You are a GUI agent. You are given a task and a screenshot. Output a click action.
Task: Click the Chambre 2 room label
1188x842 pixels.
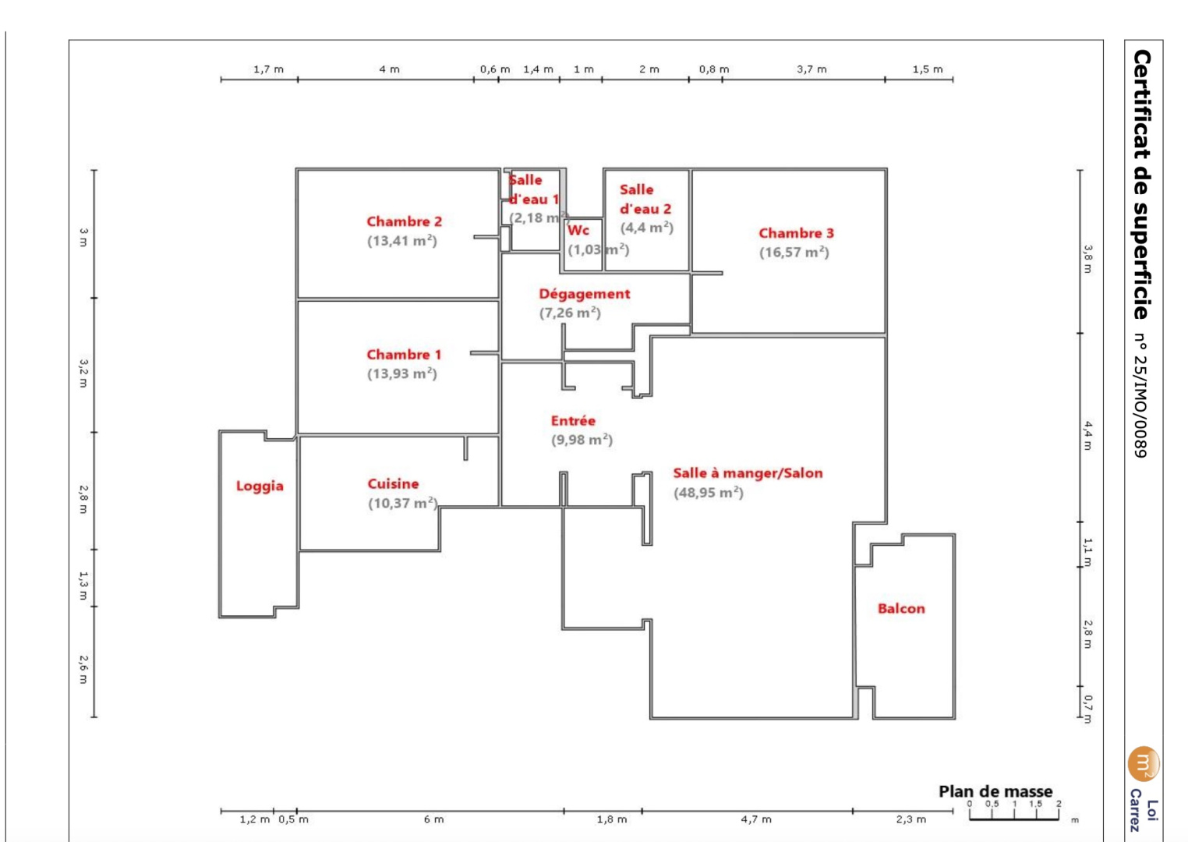pyautogui.click(x=404, y=221)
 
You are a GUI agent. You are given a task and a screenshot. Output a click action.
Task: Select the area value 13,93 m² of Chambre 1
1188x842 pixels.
pyautogui.click(x=401, y=373)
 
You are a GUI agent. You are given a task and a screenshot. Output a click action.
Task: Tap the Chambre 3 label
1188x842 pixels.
pyautogui.click(x=796, y=233)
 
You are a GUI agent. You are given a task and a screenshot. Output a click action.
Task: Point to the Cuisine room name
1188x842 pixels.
pyautogui.click(x=393, y=484)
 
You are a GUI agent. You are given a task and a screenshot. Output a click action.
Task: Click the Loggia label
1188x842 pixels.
pyautogui.click(x=260, y=486)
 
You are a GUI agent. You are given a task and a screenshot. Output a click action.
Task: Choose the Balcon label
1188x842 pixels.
pyautogui.click(x=901, y=609)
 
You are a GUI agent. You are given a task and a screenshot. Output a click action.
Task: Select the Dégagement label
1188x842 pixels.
pyautogui.click(x=584, y=294)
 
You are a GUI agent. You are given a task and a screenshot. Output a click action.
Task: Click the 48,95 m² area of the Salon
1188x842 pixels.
pyautogui.click(x=708, y=493)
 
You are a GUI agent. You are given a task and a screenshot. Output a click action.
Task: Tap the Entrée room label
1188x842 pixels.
pyautogui.click(x=573, y=421)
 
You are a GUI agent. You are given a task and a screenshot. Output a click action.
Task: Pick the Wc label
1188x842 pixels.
pyautogui.click(x=578, y=230)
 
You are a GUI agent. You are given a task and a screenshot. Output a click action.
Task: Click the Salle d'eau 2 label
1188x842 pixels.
pyautogui.click(x=645, y=200)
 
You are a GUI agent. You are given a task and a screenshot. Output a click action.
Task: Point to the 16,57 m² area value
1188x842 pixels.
pyautogui.click(x=794, y=253)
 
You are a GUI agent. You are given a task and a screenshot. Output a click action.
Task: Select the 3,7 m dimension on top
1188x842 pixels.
pyautogui.click(x=811, y=69)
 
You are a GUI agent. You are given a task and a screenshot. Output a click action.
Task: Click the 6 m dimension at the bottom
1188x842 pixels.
pyautogui.click(x=433, y=819)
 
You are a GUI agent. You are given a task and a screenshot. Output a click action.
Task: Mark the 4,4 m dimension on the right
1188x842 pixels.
pyautogui.click(x=1087, y=435)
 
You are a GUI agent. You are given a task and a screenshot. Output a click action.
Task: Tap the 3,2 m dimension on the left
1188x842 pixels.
pyautogui.click(x=83, y=373)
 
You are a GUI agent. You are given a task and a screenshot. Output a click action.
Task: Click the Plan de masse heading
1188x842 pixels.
pyautogui.click(x=995, y=791)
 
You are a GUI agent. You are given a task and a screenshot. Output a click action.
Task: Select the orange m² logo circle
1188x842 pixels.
pyautogui.click(x=1143, y=763)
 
